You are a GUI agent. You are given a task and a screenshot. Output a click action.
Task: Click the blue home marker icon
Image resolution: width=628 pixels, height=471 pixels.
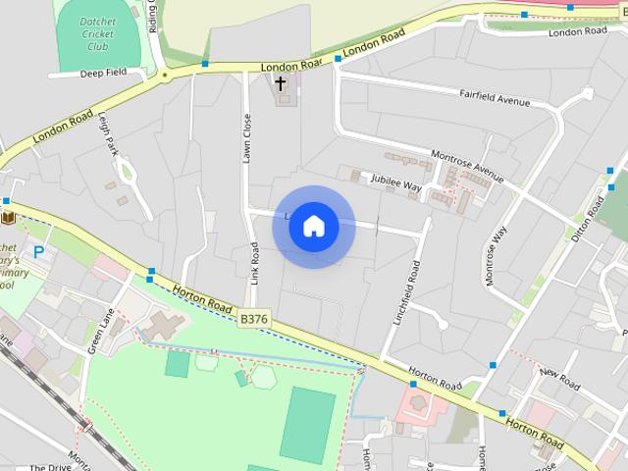click(313, 227)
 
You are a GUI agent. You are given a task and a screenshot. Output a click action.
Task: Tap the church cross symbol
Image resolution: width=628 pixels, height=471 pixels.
click(281, 84)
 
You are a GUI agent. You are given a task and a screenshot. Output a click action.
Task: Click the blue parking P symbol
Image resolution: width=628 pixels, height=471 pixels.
click(39, 252)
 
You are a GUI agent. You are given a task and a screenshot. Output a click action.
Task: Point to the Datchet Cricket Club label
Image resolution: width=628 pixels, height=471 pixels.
click(97, 34)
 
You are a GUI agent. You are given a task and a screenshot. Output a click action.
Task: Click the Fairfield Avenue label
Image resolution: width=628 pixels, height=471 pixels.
click(495, 98)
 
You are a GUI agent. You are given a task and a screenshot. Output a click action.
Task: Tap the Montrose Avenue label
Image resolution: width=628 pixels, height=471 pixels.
click(467, 166)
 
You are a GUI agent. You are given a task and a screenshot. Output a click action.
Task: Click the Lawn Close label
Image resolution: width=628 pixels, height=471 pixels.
click(247, 137)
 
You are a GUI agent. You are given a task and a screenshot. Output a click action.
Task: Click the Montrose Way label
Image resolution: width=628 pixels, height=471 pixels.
click(496, 256)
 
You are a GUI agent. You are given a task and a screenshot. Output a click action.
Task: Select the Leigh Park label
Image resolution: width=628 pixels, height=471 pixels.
click(108, 132)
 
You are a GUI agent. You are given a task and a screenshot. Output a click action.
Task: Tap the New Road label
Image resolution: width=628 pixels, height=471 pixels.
click(560, 374)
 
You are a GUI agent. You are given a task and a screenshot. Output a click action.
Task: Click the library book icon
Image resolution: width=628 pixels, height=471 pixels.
click(8, 216)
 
